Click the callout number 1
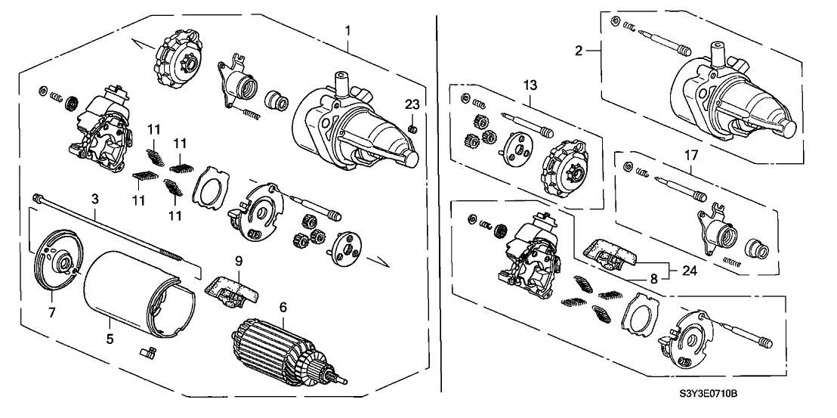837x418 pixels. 347,30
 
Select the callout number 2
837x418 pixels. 578,51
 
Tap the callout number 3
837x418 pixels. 95,199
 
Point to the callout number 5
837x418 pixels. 110,339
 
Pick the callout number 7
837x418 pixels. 53,311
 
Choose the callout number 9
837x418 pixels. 238,261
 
